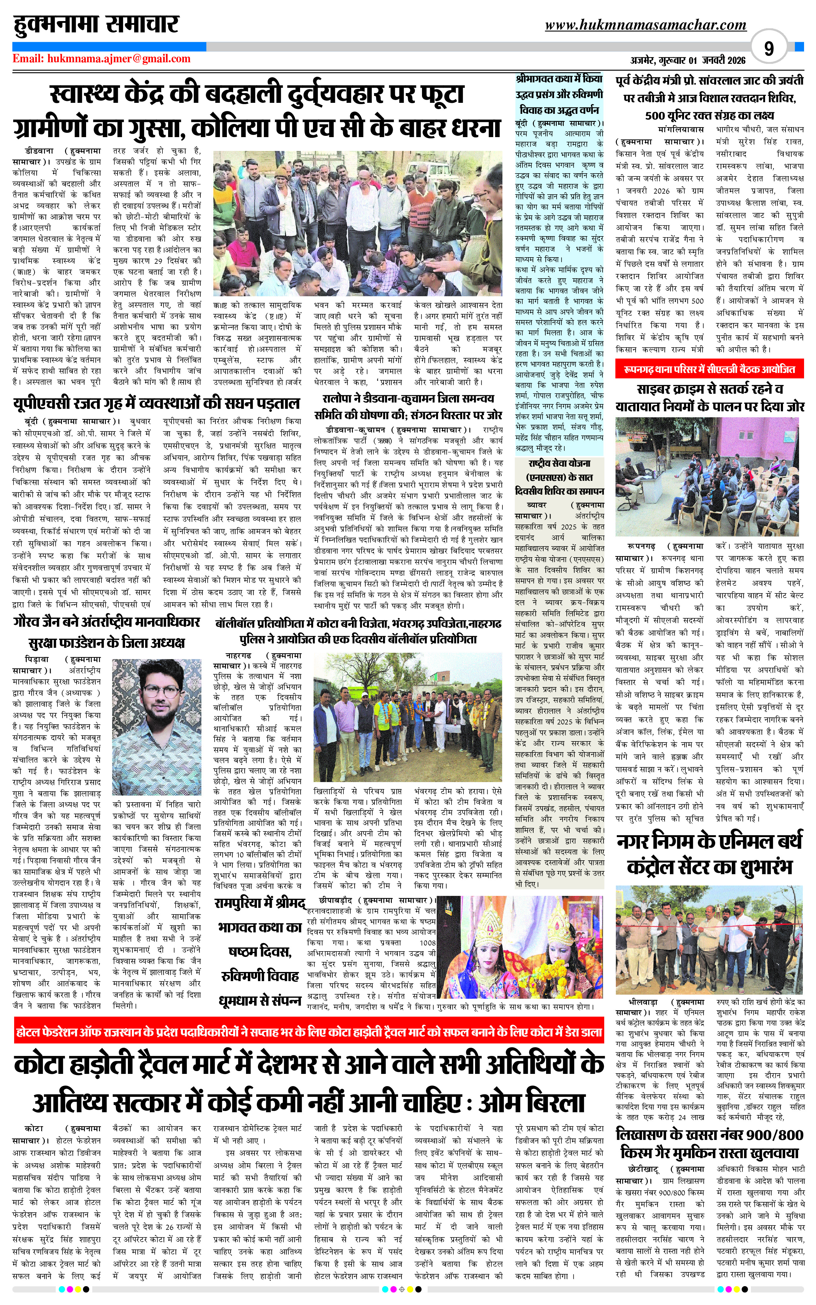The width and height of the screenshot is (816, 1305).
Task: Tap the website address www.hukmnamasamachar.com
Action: click(645, 25)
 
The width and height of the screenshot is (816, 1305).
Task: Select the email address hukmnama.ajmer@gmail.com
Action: click(101, 59)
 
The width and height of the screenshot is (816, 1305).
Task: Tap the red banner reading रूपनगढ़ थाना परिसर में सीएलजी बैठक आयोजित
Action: click(709, 369)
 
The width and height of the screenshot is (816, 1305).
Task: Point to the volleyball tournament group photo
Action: click(408, 717)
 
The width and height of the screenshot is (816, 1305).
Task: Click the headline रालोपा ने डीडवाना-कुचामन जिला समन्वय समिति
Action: click(408, 407)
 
